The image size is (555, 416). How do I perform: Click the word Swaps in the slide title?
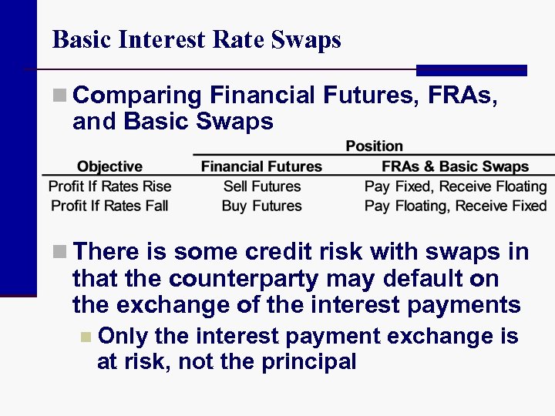tap(307, 40)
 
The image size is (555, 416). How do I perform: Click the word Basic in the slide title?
tap(81, 39)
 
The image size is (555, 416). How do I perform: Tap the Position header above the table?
tap(374, 146)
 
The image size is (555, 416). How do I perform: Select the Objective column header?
tap(109, 166)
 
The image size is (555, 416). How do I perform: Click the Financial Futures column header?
tap(261, 166)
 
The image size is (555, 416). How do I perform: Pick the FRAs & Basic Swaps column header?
tap(455, 166)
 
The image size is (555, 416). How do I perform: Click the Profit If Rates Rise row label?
tap(109, 186)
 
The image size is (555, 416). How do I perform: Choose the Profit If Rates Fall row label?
tap(109, 206)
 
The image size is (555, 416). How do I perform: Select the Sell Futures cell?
tap(261, 186)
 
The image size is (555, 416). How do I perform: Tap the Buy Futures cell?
tap(261, 206)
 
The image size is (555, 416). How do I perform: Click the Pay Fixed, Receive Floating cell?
tap(455, 186)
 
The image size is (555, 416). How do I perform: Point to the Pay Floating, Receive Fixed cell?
tap(455, 206)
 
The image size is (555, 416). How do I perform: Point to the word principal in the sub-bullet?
tap(308, 361)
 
